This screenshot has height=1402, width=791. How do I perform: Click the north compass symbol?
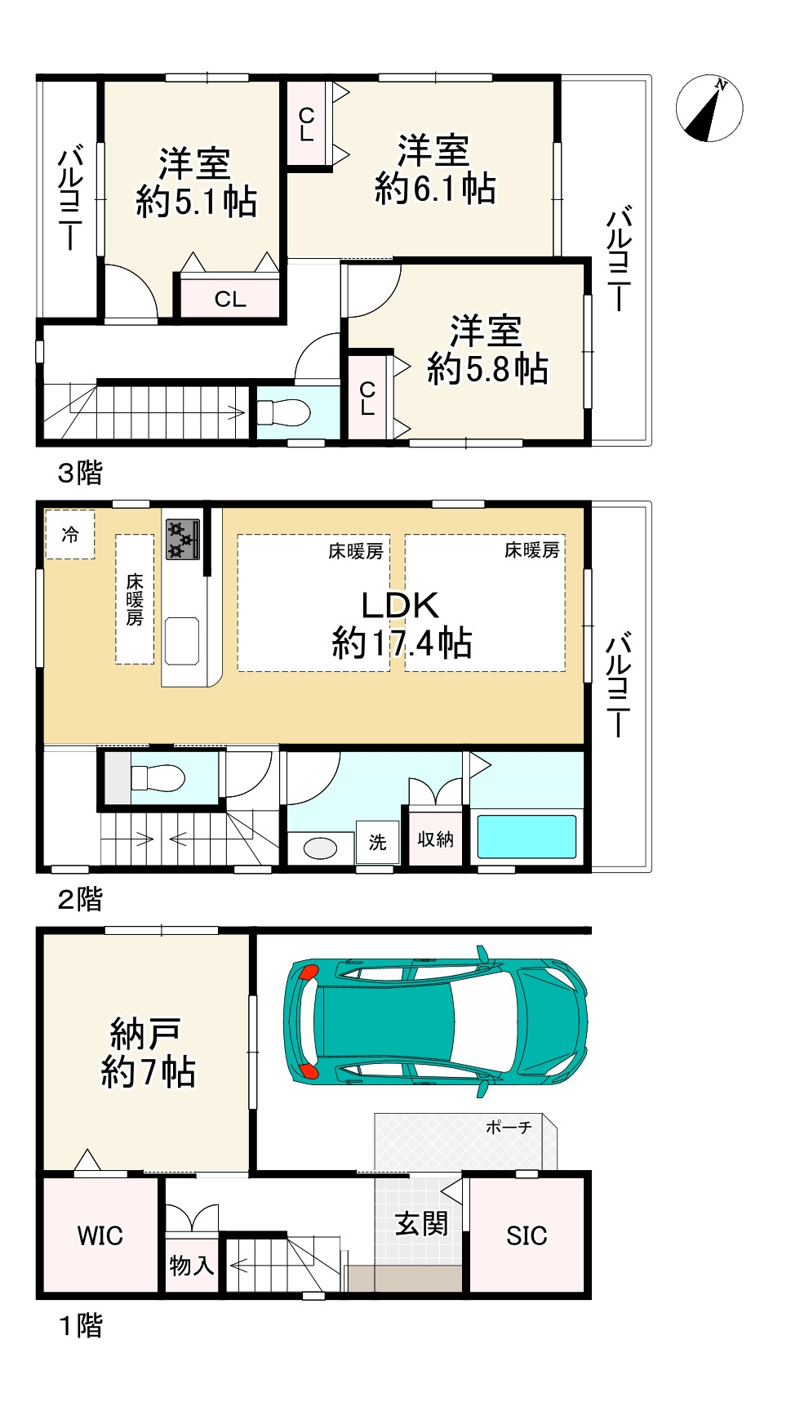pyautogui.click(x=709, y=108)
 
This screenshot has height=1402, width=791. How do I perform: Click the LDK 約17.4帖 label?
pyautogui.click(x=401, y=625)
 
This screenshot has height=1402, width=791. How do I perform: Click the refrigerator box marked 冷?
pyautogui.click(x=70, y=535)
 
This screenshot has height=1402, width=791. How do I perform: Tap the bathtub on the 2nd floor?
pyautogui.click(x=526, y=837)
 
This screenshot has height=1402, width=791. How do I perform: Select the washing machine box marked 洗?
pyautogui.click(x=377, y=842)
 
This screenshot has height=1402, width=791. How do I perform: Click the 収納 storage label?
pyautogui.click(x=435, y=839)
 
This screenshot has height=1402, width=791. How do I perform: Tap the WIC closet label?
pyautogui.click(x=100, y=1235)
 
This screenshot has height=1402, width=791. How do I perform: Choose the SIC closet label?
pyautogui.click(x=527, y=1235)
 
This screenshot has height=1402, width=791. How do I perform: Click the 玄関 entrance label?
pyautogui.click(x=421, y=1224)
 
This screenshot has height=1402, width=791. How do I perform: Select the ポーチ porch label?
pyautogui.click(x=509, y=1127)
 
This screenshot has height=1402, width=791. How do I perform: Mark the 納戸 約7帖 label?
pyautogui.click(x=147, y=1053)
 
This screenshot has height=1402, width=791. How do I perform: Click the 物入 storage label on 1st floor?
pyautogui.click(x=191, y=1266)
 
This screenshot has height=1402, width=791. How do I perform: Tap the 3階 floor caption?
pyautogui.click(x=80, y=473)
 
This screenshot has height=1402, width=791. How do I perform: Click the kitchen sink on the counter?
pyautogui.click(x=182, y=641)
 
